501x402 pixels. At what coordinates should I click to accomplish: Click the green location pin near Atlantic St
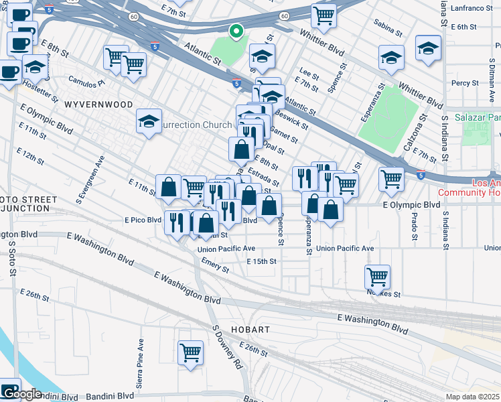(x=236, y=31)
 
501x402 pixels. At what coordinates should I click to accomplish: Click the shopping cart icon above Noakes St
(x=378, y=275)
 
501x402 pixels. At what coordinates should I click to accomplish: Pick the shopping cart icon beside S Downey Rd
(x=191, y=352)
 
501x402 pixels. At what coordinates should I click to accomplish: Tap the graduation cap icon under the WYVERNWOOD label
(x=149, y=121)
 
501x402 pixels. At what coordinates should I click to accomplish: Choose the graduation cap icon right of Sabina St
(x=428, y=48)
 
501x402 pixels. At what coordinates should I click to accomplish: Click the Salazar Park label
(x=477, y=117)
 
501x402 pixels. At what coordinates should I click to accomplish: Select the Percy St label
(x=465, y=83)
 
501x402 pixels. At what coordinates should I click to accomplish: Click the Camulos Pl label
(x=87, y=81)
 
